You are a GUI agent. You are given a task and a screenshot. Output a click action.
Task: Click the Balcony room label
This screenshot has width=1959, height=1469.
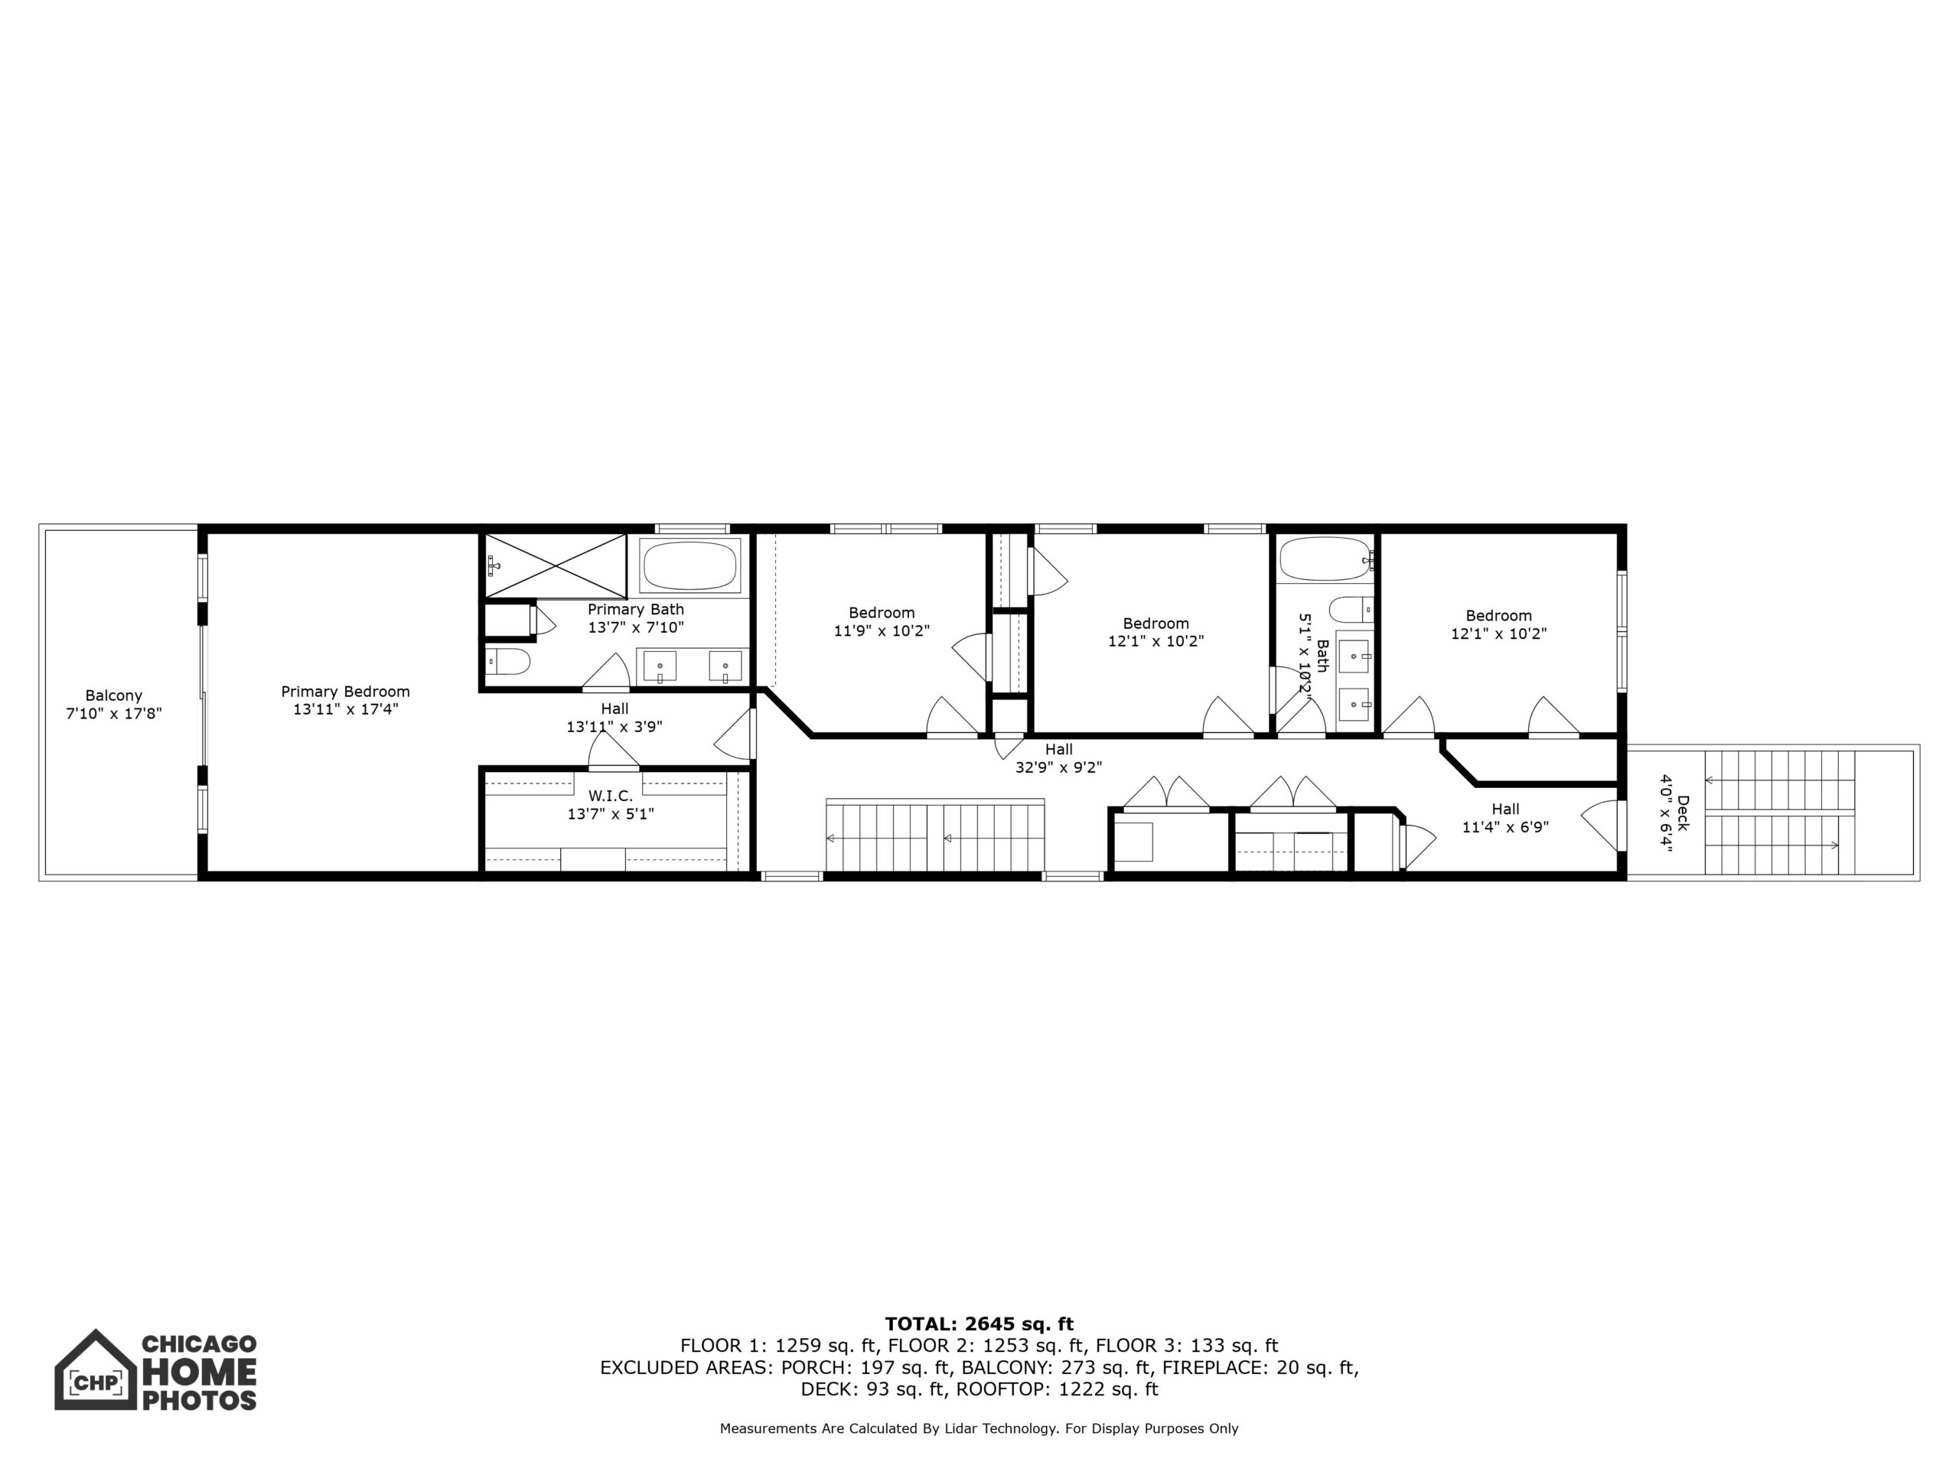coord(113,696)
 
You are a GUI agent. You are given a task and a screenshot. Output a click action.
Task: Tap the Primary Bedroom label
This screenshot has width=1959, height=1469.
coord(345,692)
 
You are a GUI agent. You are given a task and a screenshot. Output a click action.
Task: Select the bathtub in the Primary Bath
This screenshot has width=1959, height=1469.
coord(690,565)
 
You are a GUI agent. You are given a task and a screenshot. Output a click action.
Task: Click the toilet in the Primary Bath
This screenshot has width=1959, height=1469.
coord(507,660)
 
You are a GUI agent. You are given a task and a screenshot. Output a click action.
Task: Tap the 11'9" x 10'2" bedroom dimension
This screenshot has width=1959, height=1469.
coord(882,631)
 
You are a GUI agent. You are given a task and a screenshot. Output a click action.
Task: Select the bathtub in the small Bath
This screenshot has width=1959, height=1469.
coord(1324,559)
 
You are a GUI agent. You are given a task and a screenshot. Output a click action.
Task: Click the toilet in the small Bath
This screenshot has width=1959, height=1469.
coord(1351,610)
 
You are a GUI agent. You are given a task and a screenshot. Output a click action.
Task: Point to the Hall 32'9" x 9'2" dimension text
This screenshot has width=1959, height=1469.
coord(1058,767)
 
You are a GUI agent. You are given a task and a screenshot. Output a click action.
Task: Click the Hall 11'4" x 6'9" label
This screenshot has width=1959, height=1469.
coord(1505,818)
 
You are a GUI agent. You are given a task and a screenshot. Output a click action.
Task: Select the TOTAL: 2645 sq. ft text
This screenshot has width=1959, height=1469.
coord(979,1324)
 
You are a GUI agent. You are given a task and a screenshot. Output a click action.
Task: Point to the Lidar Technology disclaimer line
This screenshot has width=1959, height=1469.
coord(979,1428)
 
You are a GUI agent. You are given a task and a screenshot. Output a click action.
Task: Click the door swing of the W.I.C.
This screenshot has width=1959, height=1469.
coord(613,751)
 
